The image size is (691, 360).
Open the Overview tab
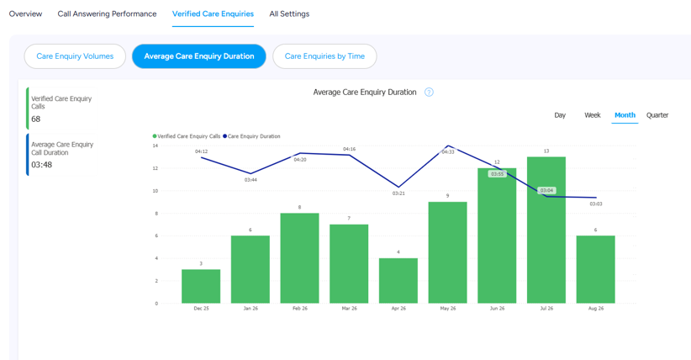click(25, 13)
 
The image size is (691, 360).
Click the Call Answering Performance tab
click(107, 13)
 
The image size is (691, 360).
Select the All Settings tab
click(289, 13)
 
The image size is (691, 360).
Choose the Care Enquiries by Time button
click(324, 56)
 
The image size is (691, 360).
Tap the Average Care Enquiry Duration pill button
click(198, 56)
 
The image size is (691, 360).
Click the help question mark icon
click(429, 93)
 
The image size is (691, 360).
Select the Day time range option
click(560, 115)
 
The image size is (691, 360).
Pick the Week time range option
click(593, 115)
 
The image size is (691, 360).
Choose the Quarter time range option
click(657, 115)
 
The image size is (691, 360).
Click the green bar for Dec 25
click(201, 286)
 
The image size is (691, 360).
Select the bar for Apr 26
click(398, 281)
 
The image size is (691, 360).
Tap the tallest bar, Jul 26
click(546, 230)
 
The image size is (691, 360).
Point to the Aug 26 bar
click(596, 269)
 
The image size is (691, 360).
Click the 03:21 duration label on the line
click(398, 193)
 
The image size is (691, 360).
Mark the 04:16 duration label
click(349, 149)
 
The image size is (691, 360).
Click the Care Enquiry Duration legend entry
click(251, 136)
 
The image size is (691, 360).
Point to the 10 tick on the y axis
click(156, 191)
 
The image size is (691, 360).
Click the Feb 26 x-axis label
click(299, 309)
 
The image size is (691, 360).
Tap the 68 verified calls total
click(35, 119)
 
